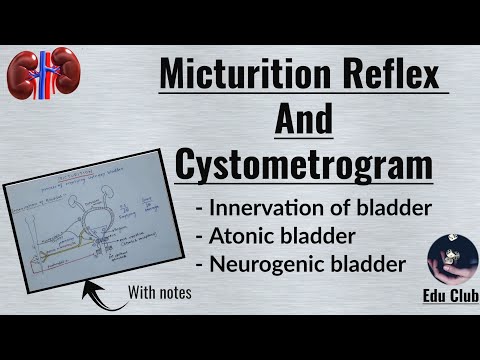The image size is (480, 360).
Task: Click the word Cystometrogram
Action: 304,163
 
